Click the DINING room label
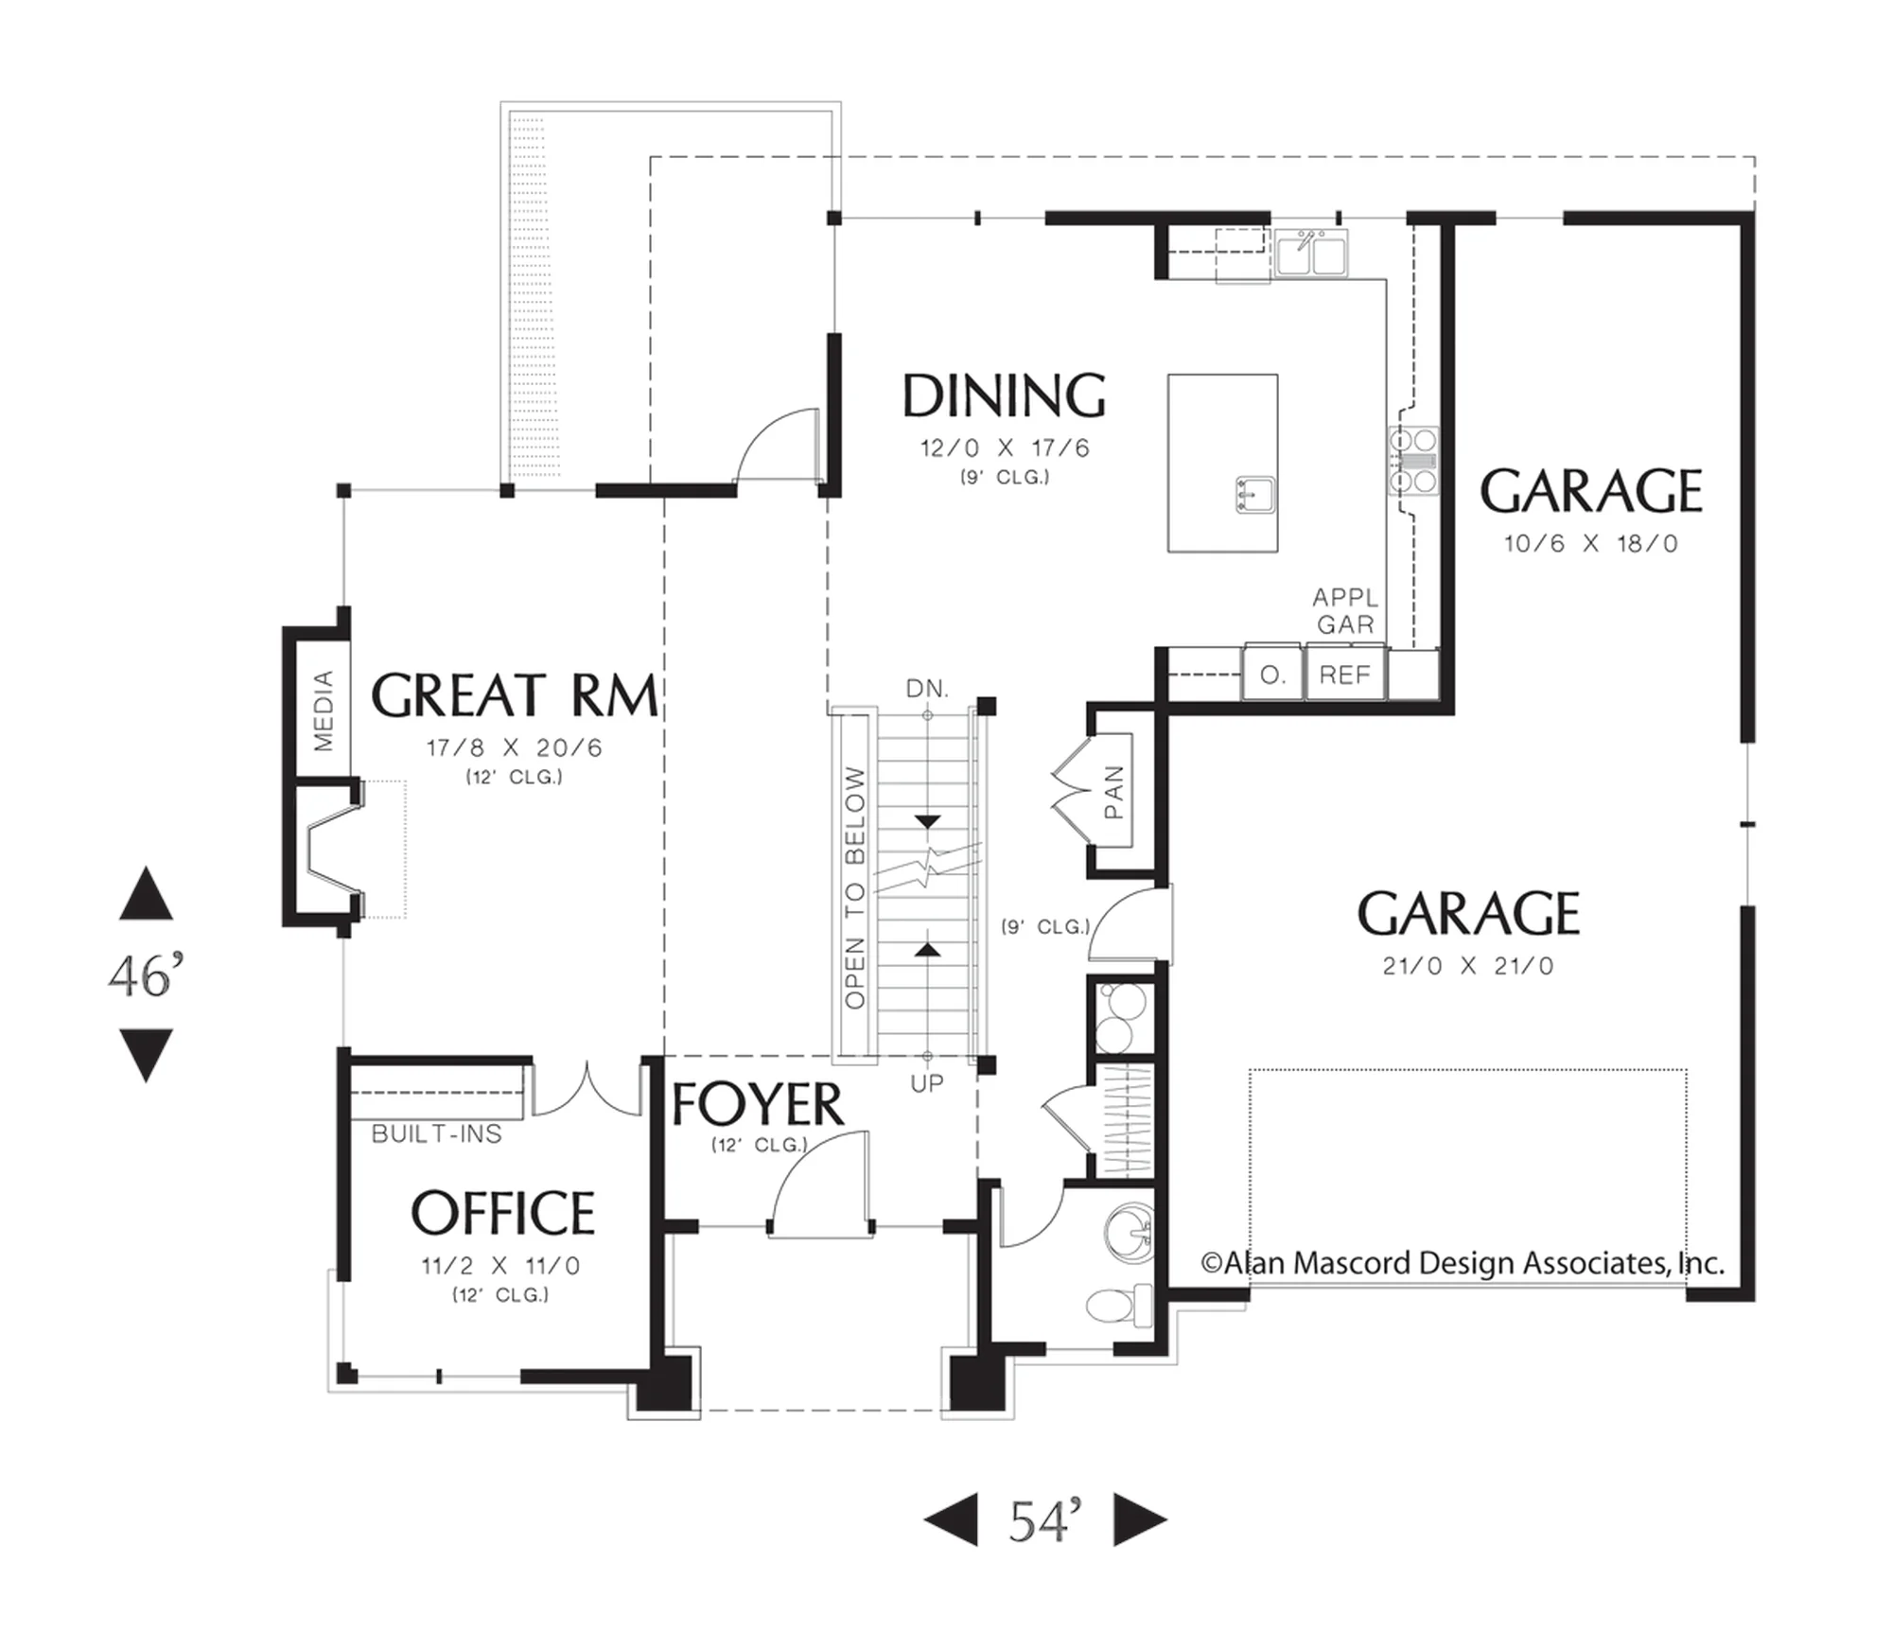(x=1004, y=395)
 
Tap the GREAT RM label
(x=514, y=695)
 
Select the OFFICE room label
(x=502, y=1213)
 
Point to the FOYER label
(x=757, y=1104)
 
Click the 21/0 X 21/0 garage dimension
(x=1468, y=966)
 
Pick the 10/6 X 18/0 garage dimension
(x=1591, y=543)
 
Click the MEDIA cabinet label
(x=324, y=710)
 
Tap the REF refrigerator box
(x=1345, y=674)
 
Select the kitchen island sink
(x=1255, y=495)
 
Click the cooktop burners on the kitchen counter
(x=1413, y=461)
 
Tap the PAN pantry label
(x=1113, y=792)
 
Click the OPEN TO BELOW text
(x=854, y=887)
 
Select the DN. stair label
(x=927, y=689)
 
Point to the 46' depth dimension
(x=146, y=975)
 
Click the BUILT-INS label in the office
(x=436, y=1133)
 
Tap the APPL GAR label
(x=1345, y=611)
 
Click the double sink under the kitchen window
(x=1311, y=253)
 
